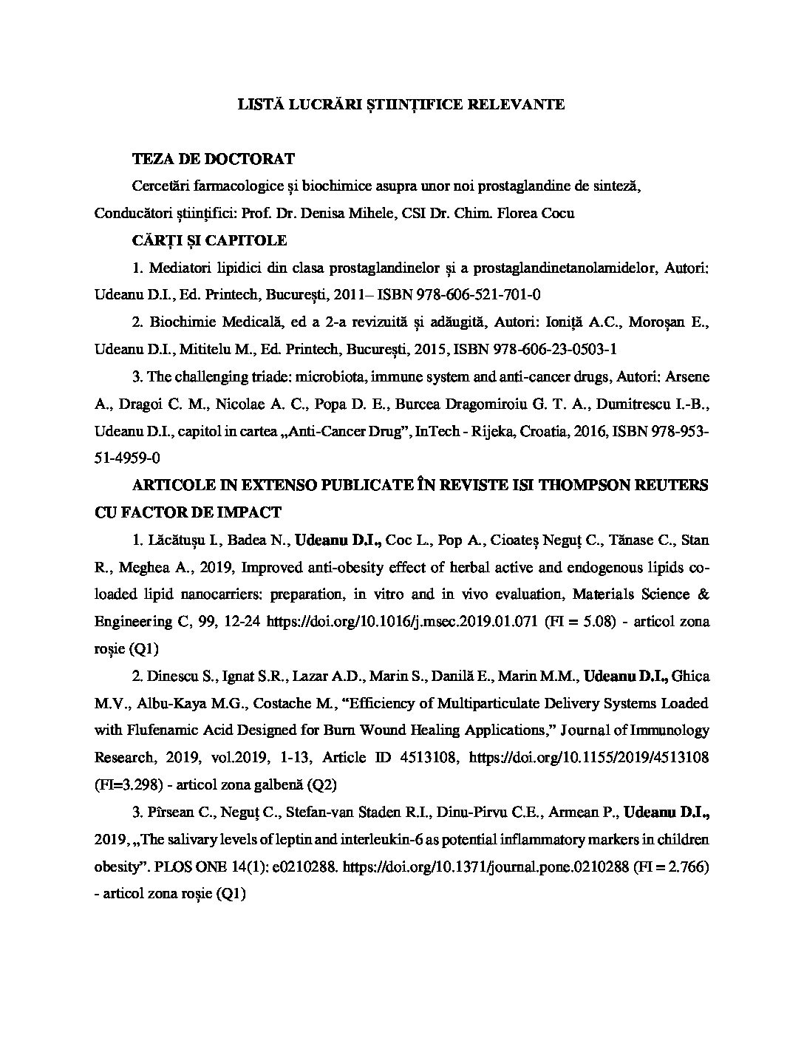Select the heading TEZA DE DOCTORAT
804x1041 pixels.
[213, 159]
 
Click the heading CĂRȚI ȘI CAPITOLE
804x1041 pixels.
[209, 240]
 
